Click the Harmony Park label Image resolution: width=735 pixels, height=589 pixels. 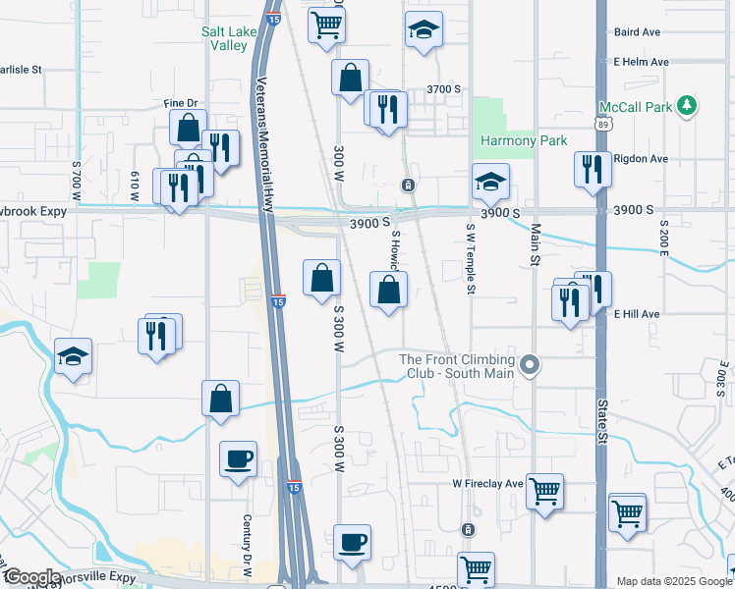click(523, 140)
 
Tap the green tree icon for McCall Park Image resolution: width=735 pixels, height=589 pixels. click(690, 105)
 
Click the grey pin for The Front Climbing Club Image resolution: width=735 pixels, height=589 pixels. click(531, 366)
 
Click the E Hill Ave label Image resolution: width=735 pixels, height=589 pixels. click(637, 314)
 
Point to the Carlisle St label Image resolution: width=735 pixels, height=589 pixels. click(22, 70)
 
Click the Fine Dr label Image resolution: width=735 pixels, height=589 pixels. click(181, 103)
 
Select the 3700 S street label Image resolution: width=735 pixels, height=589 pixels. click(443, 89)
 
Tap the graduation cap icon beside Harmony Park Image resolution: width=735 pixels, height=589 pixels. click(490, 180)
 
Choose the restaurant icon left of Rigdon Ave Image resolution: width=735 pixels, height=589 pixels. click(593, 167)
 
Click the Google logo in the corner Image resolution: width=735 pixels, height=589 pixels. click(31, 577)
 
